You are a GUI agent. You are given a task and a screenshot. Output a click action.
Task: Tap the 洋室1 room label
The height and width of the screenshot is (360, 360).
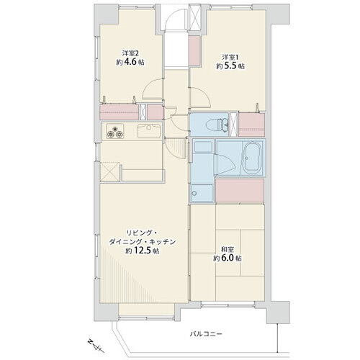click(230, 57)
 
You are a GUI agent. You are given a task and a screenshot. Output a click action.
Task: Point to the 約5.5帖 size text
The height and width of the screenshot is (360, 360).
click(230, 66)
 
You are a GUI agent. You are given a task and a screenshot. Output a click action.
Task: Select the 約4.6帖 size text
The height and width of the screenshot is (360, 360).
click(130, 62)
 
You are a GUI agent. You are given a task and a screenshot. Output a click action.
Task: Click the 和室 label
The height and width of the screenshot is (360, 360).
click(228, 249)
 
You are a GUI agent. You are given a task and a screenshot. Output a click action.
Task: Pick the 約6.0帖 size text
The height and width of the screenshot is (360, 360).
click(228, 258)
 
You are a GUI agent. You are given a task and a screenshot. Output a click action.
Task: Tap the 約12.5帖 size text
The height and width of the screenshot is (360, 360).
click(143, 251)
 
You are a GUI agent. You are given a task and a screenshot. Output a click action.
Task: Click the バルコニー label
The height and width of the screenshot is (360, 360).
click(206, 334)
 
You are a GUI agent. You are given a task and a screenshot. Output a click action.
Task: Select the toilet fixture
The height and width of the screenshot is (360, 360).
click(217, 125)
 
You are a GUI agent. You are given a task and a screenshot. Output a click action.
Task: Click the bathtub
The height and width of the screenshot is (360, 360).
click(251, 157)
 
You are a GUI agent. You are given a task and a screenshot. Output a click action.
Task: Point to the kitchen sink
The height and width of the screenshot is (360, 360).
click(149, 131)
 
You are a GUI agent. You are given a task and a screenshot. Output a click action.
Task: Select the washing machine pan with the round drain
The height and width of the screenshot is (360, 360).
click(202, 193)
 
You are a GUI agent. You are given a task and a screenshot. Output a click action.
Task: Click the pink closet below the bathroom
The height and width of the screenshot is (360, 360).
click(240, 191)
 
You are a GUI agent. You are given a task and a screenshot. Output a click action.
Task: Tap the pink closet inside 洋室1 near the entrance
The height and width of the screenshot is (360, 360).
click(194, 50)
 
